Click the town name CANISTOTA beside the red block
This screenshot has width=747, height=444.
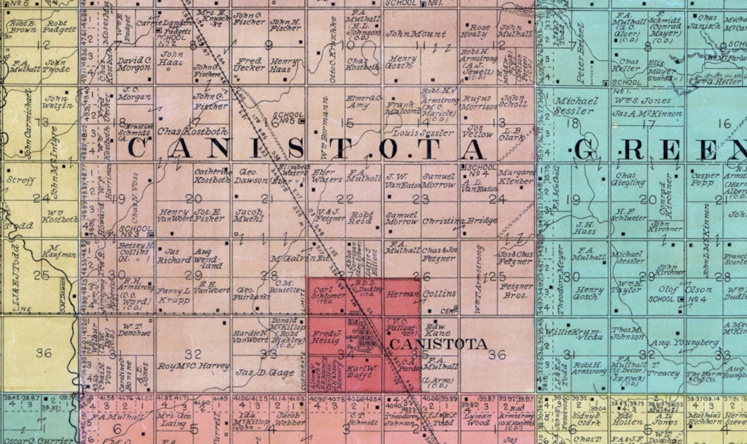(438, 344)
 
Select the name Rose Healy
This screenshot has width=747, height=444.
(476, 31)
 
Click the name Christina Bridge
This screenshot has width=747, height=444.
(459, 221)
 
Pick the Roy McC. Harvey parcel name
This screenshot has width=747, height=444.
(193, 366)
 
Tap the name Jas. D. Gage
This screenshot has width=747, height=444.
(255, 373)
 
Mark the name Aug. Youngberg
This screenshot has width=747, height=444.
(670, 343)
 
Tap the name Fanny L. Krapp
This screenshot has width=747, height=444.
(174, 295)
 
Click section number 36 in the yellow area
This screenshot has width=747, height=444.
(43, 353)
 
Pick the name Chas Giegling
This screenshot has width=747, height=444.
(626, 179)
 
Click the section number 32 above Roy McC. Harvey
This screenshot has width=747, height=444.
(193, 354)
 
